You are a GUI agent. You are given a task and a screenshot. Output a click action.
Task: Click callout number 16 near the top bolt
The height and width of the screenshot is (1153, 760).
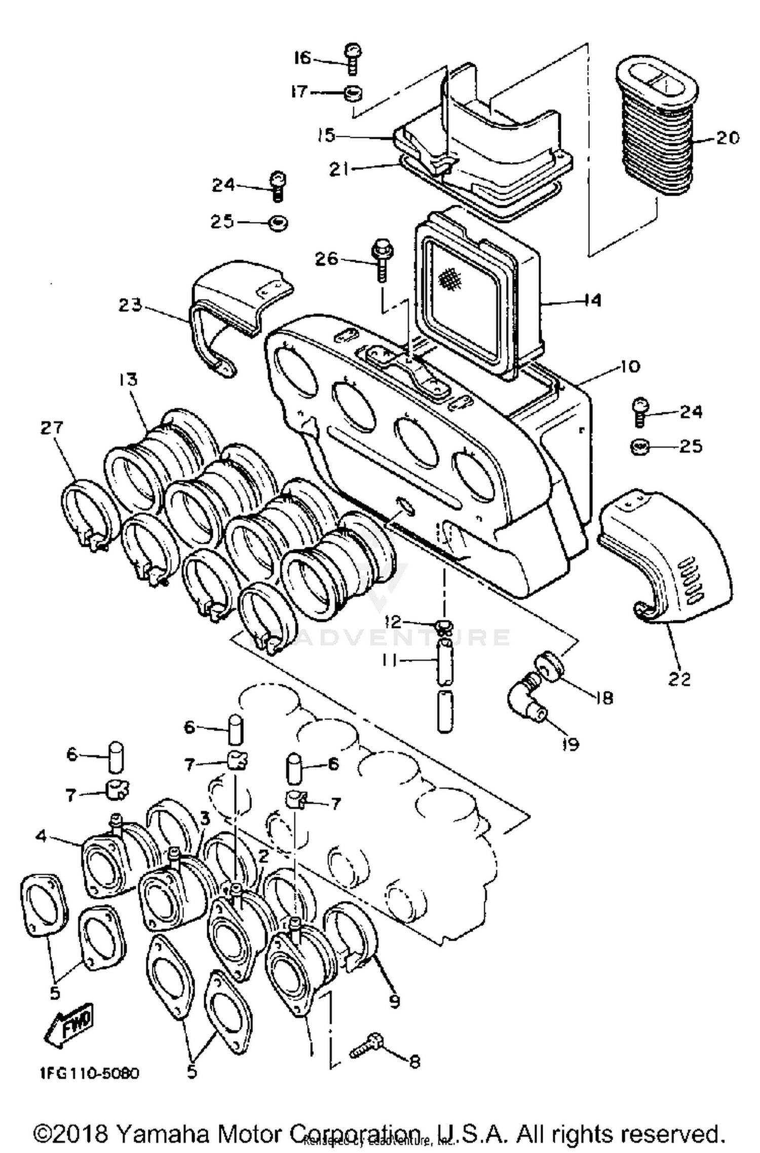(x=302, y=58)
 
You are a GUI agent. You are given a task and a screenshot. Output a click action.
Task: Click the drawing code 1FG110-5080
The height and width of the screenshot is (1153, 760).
(x=89, y=1073)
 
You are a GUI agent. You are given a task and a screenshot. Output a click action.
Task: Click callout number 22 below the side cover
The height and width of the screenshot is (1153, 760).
(x=679, y=679)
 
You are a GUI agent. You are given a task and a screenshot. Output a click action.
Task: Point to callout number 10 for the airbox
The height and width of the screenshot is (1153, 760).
(x=630, y=366)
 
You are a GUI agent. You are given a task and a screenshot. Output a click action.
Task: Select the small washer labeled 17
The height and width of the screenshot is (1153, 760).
(x=354, y=93)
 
